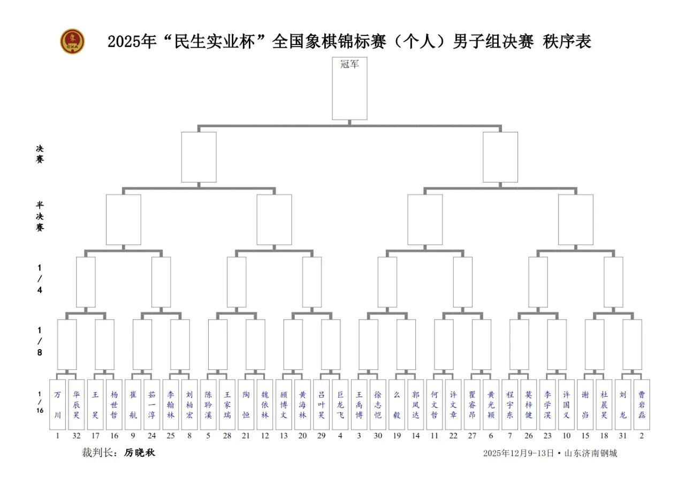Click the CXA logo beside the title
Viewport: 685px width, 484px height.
pyautogui.click(x=72, y=41)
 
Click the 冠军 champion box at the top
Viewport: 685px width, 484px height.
pyautogui.click(x=349, y=88)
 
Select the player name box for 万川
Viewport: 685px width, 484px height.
pyautogui.click(x=58, y=404)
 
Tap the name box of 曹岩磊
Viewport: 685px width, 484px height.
pyautogui.click(x=642, y=404)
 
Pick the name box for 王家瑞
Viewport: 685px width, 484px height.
pyautogui.click(x=227, y=404)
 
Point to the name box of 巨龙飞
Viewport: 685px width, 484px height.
pyautogui.click(x=340, y=404)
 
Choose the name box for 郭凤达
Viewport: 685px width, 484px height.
pyautogui.click(x=416, y=404)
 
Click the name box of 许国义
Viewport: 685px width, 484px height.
pyautogui.click(x=566, y=404)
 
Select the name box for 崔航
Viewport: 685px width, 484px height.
pyautogui.click(x=133, y=404)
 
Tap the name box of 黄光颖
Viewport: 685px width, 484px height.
pyautogui.click(x=491, y=404)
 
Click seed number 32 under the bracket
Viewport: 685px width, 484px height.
pyautogui.click(x=77, y=436)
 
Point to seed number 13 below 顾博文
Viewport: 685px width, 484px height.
pyautogui.click(x=284, y=436)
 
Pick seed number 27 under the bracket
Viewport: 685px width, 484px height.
pyautogui.click(x=472, y=436)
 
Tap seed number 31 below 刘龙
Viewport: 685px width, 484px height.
pyautogui.click(x=623, y=436)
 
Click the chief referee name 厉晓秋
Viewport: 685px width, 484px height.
pyautogui.click(x=140, y=453)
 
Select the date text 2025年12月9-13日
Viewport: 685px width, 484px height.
pyautogui.click(x=518, y=453)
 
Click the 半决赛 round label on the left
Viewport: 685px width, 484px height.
pyautogui.click(x=40, y=216)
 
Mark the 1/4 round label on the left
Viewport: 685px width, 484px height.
pyautogui.click(x=40, y=278)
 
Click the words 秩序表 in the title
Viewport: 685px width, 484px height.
pyautogui.click(x=567, y=42)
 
